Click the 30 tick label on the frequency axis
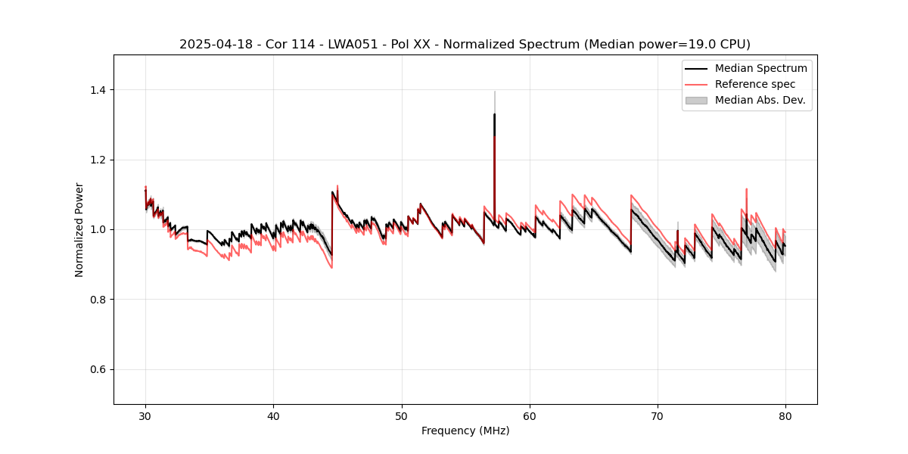(x=145, y=415)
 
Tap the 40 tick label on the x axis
(x=273, y=415)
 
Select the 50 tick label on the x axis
(x=402, y=415)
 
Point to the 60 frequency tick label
(x=530, y=415)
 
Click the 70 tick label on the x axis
(x=658, y=415)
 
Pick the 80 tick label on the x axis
(x=785, y=415)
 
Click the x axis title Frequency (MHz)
(x=465, y=431)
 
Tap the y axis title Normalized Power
(x=79, y=229)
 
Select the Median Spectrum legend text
(x=760, y=68)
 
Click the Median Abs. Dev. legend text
(x=760, y=100)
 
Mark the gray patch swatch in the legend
(x=696, y=100)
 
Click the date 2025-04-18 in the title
(x=212, y=44)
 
